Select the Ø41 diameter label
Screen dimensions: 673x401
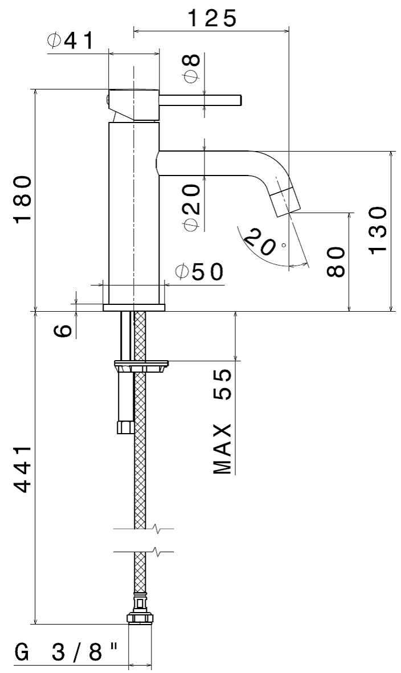coord(71,41)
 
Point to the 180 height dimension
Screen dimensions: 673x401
coord(23,200)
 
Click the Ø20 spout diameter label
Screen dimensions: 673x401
coord(193,207)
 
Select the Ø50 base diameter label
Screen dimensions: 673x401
coord(199,272)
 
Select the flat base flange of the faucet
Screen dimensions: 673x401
coord(134,308)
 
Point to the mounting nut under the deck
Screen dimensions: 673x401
coord(142,365)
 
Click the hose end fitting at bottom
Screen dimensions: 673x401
coord(140,618)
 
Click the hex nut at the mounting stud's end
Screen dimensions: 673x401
coord(124,427)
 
